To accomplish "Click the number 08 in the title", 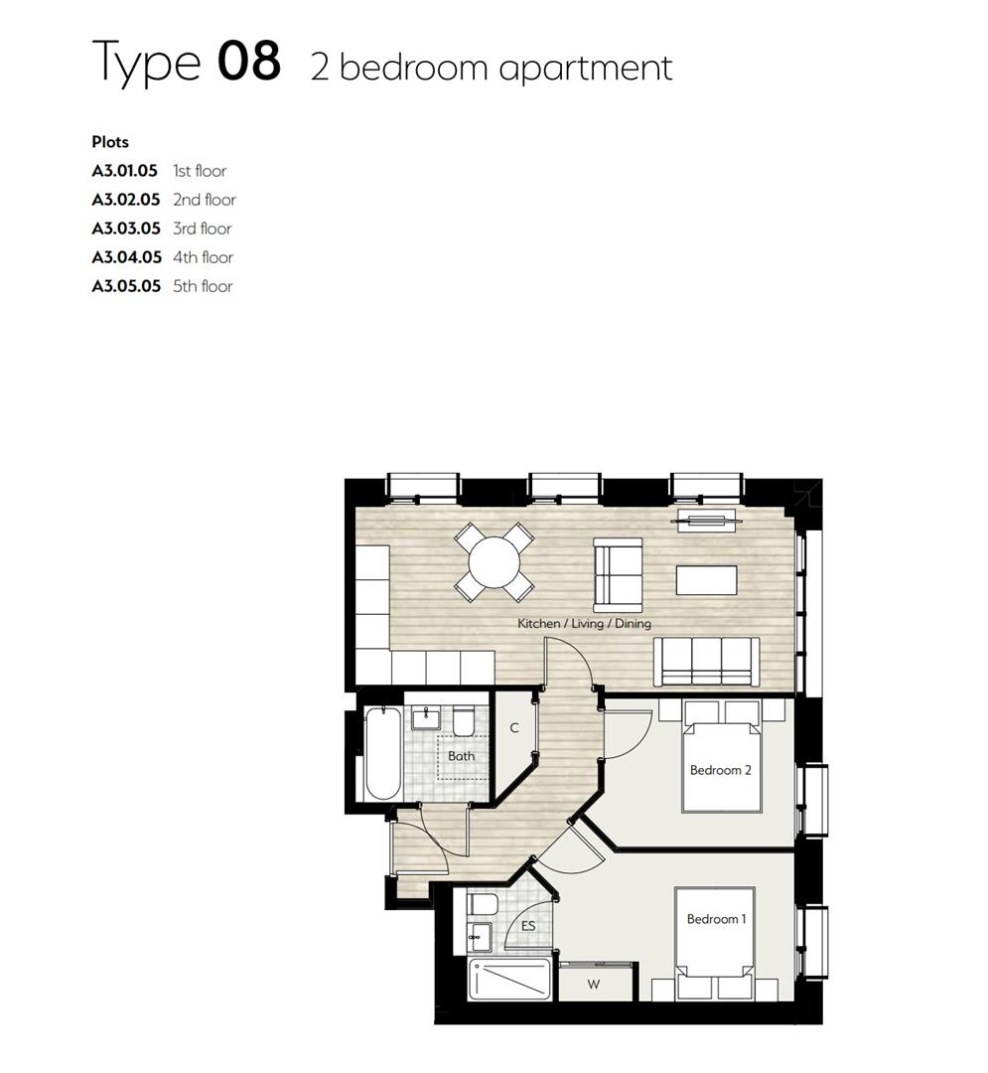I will coord(248,62).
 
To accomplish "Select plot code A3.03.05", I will coord(126,229).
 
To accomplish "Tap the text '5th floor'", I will coord(203,286).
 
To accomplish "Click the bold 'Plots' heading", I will coord(110,142).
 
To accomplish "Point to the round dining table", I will coord(494,562).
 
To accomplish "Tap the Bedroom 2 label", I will coord(721,770).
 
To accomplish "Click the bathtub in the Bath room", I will coord(382,753).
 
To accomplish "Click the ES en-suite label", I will coord(528,926).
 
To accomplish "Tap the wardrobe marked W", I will coord(594,985).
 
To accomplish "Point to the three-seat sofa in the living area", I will coord(706,661).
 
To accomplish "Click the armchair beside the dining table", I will coord(617,574).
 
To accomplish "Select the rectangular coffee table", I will coord(706,579).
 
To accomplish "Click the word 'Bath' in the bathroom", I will coord(461,756).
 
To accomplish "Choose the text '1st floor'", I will coord(200,171).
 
